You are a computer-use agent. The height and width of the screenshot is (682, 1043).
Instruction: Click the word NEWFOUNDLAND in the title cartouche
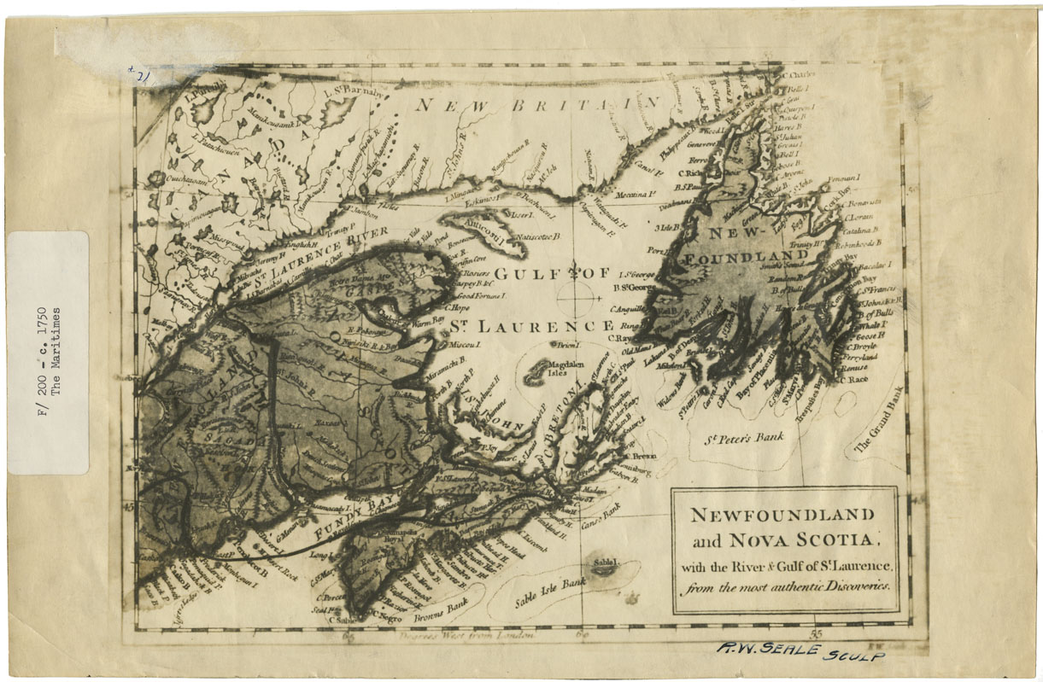(x=782, y=516)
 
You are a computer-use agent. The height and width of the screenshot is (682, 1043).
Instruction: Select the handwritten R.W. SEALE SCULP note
(x=800, y=651)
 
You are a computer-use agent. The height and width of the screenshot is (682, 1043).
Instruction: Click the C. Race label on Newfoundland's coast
(x=854, y=379)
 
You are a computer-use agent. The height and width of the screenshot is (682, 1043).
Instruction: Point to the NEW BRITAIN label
(x=538, y=105)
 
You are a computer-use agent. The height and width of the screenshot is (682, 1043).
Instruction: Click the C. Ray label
(x=621, y=337)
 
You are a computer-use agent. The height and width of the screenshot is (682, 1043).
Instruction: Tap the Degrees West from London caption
(x=466, y=635)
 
